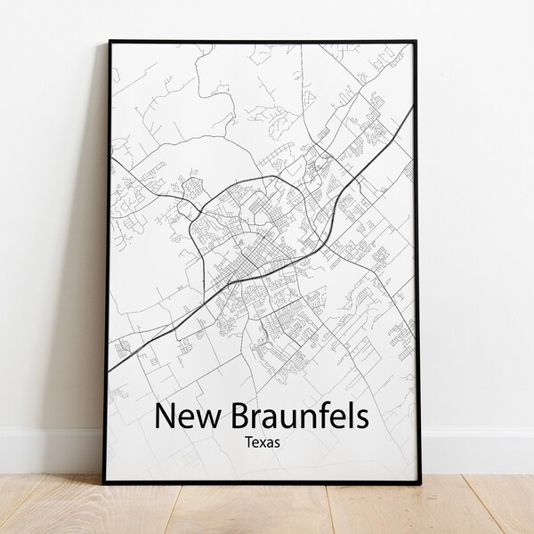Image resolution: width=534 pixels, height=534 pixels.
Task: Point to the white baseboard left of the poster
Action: pos(49,449)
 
